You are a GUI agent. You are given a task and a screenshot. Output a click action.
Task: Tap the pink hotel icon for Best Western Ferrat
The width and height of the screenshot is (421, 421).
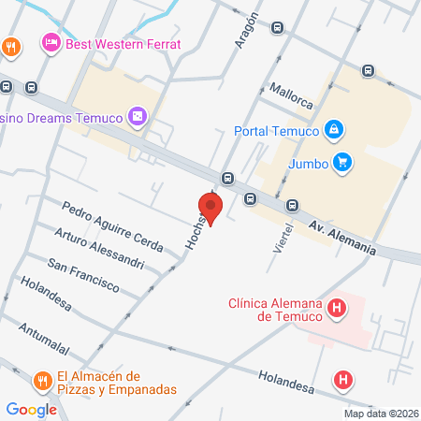pos(51,43)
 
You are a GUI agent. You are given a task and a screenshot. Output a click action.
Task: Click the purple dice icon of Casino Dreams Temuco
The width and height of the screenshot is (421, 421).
pos(138,116)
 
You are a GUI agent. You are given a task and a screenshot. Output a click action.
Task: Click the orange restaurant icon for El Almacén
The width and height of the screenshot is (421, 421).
pos(42,382)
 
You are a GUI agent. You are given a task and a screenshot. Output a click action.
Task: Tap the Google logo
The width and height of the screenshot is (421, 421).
pos(31,409)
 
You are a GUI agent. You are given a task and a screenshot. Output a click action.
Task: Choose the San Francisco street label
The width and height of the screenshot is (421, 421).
pos(82,274)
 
